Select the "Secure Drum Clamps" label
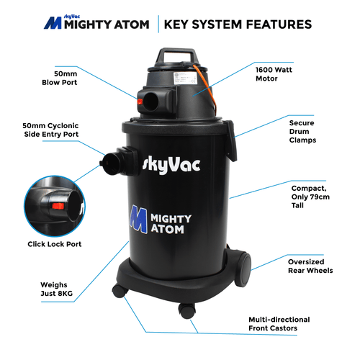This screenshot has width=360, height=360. click(x=302, y=131)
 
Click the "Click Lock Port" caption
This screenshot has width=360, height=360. click(x=54, y=244)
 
